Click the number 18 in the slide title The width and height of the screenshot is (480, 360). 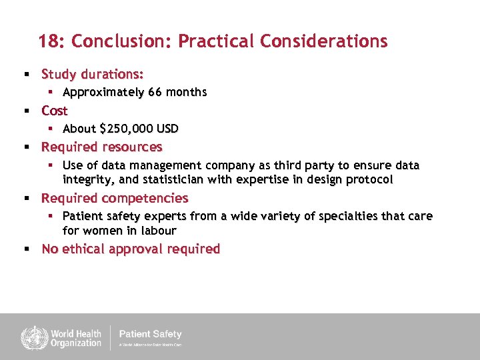coord(49,41)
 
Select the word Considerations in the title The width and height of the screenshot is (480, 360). coord(323,41)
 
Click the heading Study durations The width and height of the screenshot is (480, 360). coord(92,73)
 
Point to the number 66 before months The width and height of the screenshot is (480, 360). coord(155,92)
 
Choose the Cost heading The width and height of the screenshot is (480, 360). coord(55,110)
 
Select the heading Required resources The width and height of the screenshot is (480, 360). coord(101,147)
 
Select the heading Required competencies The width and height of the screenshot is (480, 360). coord(115,198)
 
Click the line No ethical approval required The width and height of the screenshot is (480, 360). coord(131,249)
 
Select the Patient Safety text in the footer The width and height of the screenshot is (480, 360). coord(150,334)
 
